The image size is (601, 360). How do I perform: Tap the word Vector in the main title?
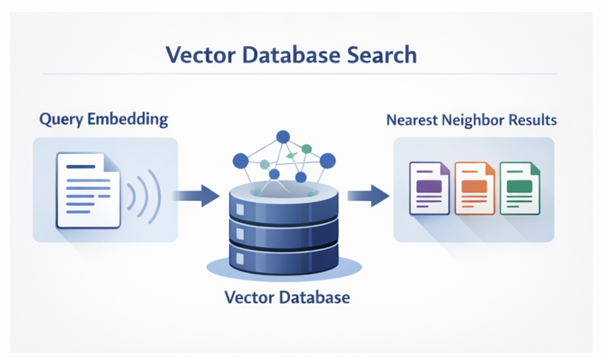(197, 55)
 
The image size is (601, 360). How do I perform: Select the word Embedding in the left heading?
(127, 119)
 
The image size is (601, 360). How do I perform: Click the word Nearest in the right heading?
(411, 120)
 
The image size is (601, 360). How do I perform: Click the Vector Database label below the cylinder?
(287, 297)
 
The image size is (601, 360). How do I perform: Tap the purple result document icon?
(430, 188)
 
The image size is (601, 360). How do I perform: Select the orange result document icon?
(474, 188)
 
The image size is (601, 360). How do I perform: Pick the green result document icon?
(520, 188)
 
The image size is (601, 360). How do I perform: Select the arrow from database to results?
(368, 196)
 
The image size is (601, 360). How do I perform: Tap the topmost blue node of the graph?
(283, 137)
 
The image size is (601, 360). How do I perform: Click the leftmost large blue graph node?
(241, 161)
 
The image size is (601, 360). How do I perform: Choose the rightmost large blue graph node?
(327, 161)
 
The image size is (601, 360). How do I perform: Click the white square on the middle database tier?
(240, 233)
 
